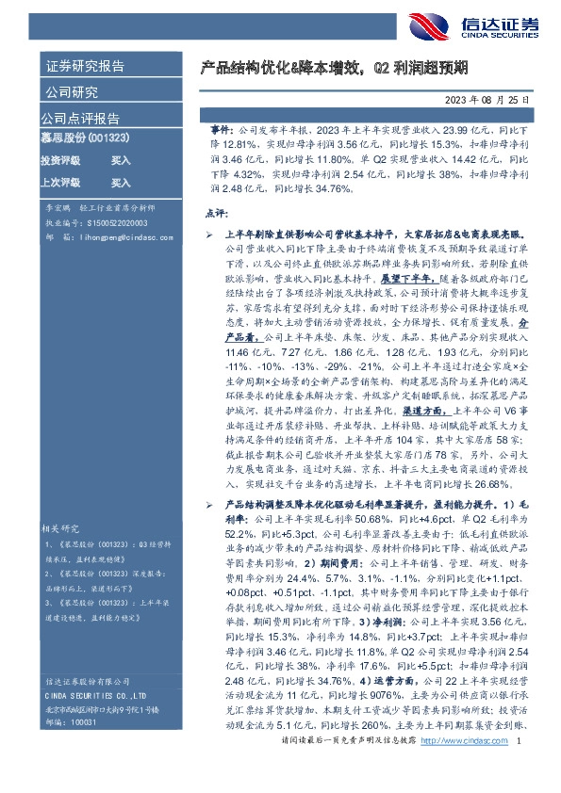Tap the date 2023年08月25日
click(x=481, y=99)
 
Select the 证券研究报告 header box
click(x=84, y=67)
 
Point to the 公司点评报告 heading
click(x=79, y=119)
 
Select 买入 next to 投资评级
click(x=121, y=160)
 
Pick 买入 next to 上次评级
click(x=121, y=183)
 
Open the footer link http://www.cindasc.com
click(x=463, y=769)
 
